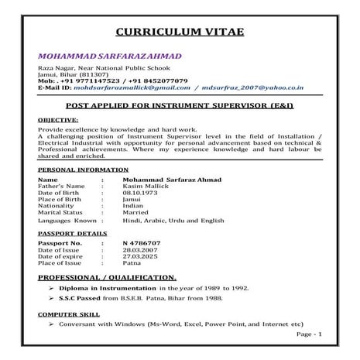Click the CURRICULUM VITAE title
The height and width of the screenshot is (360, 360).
pyautogui.click(x=180, y=32)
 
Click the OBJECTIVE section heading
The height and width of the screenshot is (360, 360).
pyautogui.click(x=58, y=121)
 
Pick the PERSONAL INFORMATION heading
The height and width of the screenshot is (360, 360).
pyautogui.click(x=84, y=168)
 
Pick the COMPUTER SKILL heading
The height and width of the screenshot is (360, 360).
pyautogui.click(x=67, y=314)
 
